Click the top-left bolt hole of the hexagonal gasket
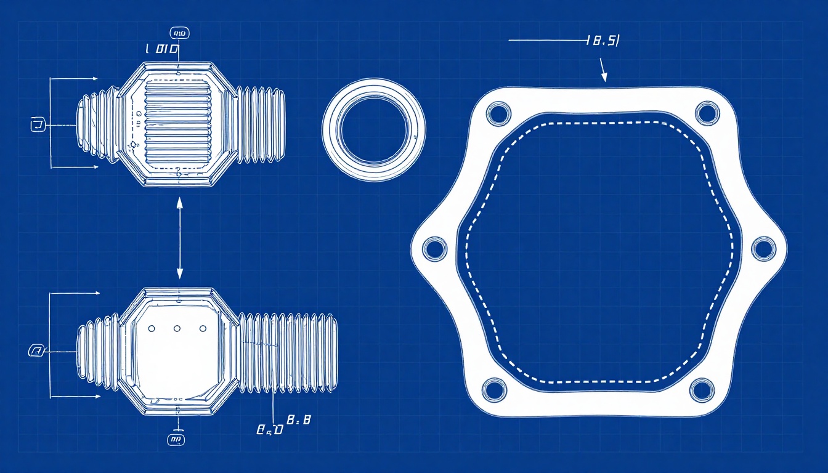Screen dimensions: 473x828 point(498,113)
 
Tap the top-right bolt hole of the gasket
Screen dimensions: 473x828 point(707,113)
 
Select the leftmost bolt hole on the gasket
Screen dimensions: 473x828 point(435,249)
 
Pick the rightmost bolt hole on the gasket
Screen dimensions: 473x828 point(763,248)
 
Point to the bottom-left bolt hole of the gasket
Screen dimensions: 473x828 point(494,389)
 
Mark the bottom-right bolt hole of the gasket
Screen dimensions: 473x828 point(701,389)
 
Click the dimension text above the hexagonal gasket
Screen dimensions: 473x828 point(603,41)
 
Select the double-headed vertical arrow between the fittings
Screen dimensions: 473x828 point(179,238)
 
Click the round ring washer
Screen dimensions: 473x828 point(374,130)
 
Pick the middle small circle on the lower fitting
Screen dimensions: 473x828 point(177,329)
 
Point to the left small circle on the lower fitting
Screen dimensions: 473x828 point(151,329)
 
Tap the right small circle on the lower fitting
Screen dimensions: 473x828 point(203,329)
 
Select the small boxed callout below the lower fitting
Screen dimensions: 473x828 point(176,439)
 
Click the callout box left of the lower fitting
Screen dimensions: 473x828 point(36,351)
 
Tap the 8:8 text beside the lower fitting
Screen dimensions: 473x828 point(299,421)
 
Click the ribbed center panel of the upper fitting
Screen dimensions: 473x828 point(177,123)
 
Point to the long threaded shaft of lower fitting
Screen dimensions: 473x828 point(288,353)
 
